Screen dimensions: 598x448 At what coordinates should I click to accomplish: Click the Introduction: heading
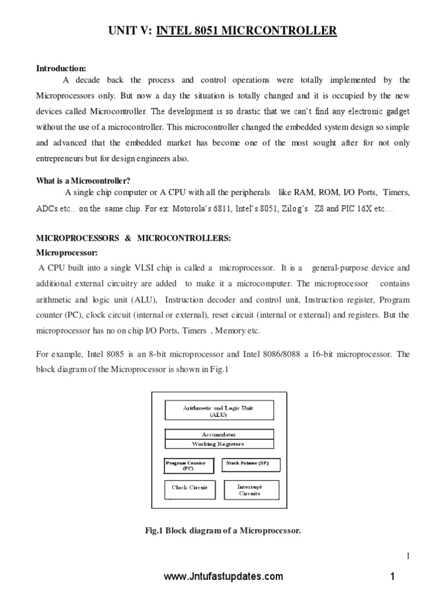(x=61, y=68)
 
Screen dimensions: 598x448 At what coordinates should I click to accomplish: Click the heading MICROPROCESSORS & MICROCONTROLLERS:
(x=134, y=238)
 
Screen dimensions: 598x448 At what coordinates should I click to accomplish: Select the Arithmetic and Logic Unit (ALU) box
(x=219, y=410)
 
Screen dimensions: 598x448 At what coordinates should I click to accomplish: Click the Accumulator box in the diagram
(x=219, y=434)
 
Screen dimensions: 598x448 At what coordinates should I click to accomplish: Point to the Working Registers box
(x=219, y=444)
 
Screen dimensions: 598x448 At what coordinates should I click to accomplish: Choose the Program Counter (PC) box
(x=185, y=465)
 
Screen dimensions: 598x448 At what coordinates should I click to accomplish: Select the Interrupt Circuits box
(x=250, y=489)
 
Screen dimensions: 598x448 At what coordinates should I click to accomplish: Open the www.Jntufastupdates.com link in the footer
(x=223, y=576)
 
